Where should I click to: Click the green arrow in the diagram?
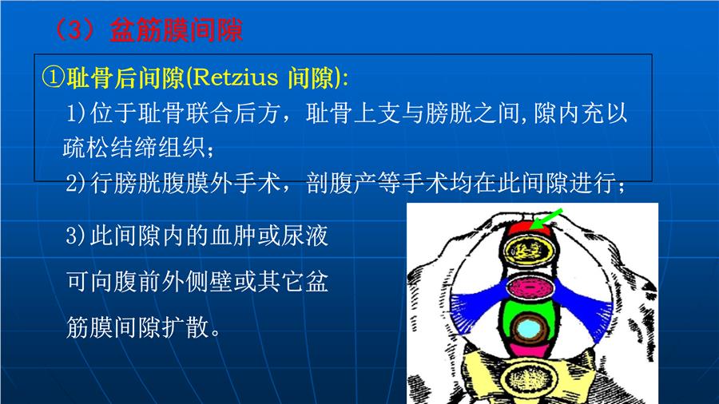[x=546, y=218]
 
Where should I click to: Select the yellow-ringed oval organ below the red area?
[x=529, y=251]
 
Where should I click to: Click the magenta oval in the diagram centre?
[x=530, y=287]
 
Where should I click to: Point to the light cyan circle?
[x=528, y=328]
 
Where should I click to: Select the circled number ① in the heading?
[x=54, y=77]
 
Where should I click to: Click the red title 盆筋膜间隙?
[x=176, y=30]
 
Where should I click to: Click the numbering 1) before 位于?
[x=76, y=113]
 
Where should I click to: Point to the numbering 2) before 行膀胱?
[x=76, y=183]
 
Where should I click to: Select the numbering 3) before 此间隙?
[x=76, y=236]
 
